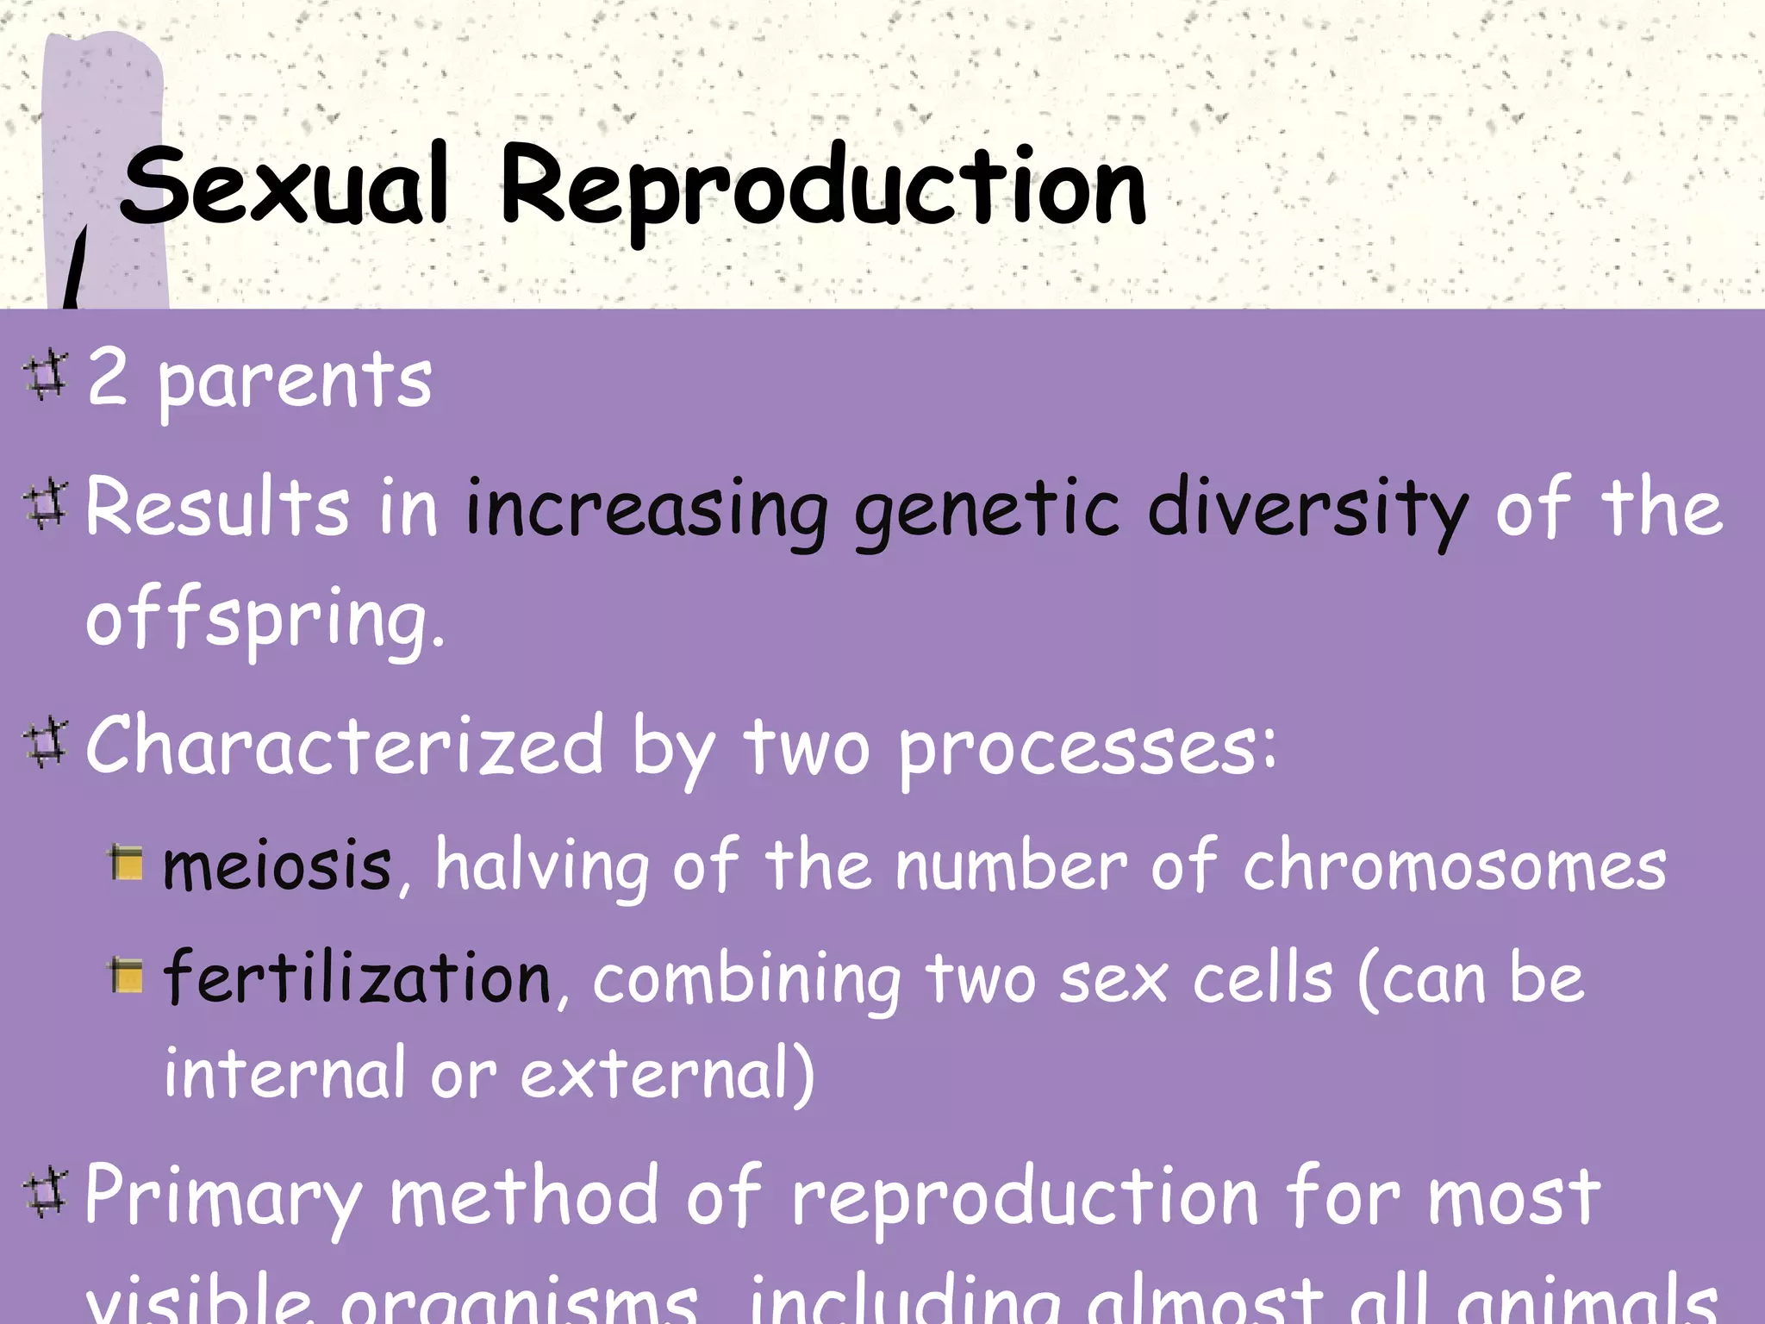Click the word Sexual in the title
(284, 185)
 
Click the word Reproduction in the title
(823, 190)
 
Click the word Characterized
(345, 746)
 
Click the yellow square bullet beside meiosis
(127, 863)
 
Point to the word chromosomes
(1455, 866)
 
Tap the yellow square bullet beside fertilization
(127, 976)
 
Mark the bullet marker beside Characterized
(47, 743)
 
